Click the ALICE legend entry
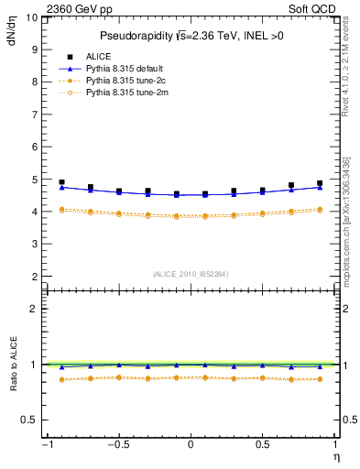(x=98, y=57)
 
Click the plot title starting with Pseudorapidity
(x=190, y=36)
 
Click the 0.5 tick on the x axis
(x=262, y=444)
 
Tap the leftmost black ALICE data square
(x=61, y=182)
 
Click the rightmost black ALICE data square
(x=320, y=183)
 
